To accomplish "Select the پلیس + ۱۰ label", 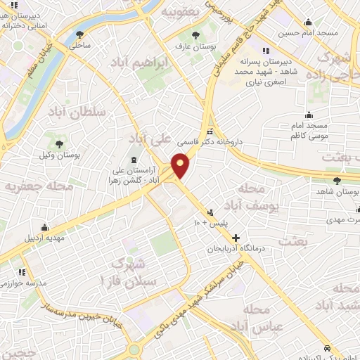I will tap(207, 224).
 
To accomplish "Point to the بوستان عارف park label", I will tap(197, 46).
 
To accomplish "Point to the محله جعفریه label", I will tap(30, 186).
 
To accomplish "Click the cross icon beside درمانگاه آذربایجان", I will tap(236, 238).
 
